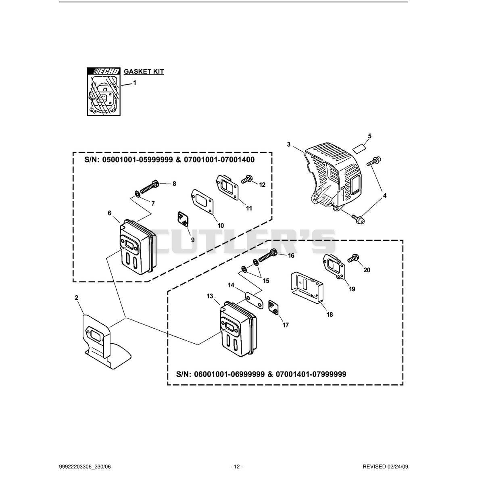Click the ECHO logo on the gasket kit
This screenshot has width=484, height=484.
click(104, 71)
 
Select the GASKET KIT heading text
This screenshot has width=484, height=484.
click(144, 71)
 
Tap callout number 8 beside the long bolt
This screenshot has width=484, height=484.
click(174, 184)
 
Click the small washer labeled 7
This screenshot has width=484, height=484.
click(137, 194)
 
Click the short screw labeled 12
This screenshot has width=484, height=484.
click(247, 179)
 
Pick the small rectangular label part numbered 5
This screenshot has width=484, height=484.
click(359, 148)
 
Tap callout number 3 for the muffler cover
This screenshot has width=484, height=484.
click(289, 144)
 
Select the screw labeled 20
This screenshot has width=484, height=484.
click(353, 259)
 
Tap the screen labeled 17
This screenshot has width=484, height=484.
click(273, 307)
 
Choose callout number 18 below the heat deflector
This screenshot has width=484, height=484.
click(330, 314)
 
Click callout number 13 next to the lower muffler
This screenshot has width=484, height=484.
click(210, 296)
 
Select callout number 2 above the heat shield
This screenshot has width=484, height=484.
click(77, 298)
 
